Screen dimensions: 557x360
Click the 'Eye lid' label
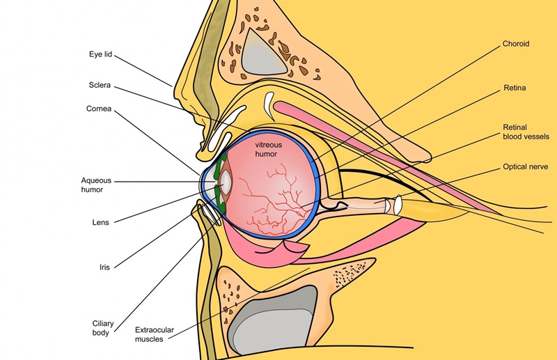coord(100,54)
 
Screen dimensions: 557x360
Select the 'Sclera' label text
coord(100,85)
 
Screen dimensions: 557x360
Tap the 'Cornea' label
coord(99,109)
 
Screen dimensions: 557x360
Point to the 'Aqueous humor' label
coord(96,185)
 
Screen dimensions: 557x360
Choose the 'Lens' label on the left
coord(100,222)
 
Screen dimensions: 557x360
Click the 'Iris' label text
coord(104,267)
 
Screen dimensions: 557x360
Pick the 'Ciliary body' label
coord(103,328)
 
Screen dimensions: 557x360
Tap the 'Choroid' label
coord(516,44)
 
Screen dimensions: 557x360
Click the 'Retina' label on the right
coord(515,88)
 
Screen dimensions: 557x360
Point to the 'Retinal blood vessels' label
coord(526,132)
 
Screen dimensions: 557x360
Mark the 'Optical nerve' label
coord(526,166)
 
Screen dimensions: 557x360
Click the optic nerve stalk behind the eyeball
coord(359,205)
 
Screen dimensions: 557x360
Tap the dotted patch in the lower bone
coord(350,274)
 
